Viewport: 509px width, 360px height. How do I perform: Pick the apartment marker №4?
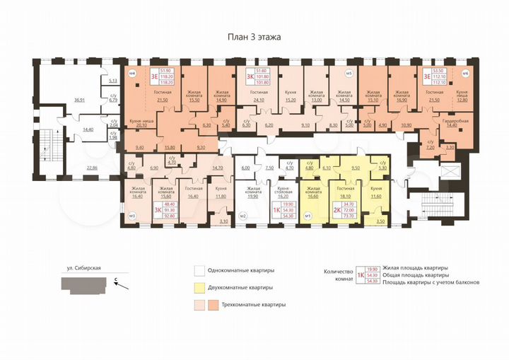pos(131,73)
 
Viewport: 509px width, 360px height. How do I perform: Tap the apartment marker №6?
pos(464,73)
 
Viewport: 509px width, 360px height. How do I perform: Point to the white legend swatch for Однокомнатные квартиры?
pos(200,270)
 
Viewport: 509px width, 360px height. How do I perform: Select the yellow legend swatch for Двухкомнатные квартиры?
pos(200,288)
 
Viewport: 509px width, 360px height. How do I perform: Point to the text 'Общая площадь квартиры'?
pos(414,274)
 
